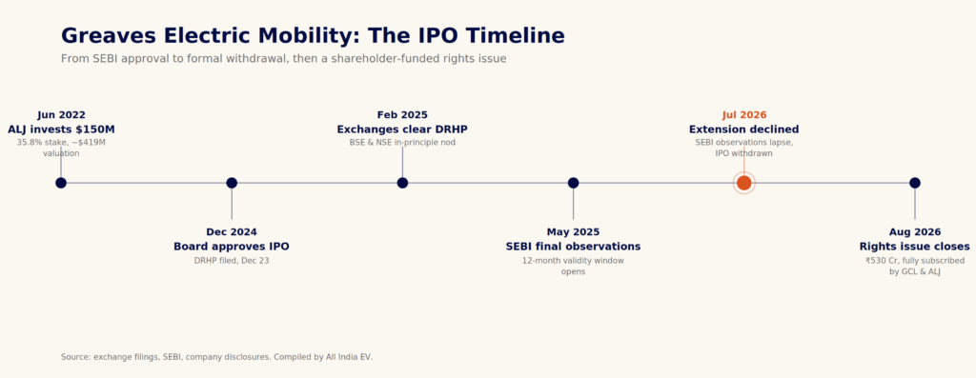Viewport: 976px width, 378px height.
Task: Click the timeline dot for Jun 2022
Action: [x=61, y=183]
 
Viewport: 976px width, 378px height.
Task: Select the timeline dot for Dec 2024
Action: [x=232, y=183]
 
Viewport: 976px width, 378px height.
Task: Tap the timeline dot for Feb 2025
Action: [x=403, y=183]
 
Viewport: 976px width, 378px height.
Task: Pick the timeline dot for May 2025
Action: [x=573, y=183]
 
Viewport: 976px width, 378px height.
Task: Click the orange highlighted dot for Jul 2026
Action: [x=743, y=183]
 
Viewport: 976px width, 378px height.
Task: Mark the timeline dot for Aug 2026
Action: [x=915, y=183]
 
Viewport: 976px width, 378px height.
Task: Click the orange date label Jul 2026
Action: [x=744, y=115]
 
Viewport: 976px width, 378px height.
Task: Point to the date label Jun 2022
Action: [x=62, y=115]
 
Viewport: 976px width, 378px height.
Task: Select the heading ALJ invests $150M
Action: [x=61, y=129]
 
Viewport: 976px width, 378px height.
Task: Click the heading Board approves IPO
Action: [x=232, y=247]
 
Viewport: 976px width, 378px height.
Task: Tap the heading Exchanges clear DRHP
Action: [x=402, y=129]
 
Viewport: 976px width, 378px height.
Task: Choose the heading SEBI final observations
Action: [x=573, y=247]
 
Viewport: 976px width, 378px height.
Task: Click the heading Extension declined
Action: [x=743, y=129]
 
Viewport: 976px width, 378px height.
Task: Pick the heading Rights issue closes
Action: [x=915, y=247]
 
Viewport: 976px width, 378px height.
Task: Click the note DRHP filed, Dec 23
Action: [x=232, y=261]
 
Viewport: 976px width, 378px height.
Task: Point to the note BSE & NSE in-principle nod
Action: [x=402, y=143]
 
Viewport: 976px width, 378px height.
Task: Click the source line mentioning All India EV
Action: [x=217, y=357]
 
